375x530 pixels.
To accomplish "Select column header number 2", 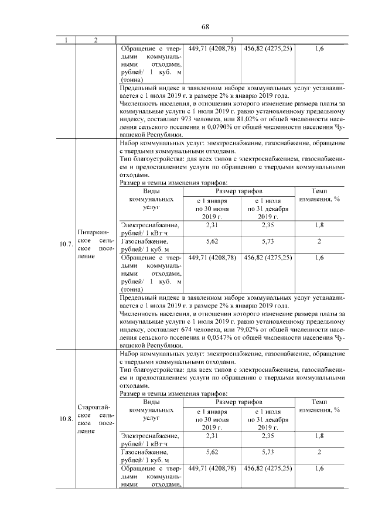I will [96, 40].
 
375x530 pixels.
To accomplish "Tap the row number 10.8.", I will [66, 419].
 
